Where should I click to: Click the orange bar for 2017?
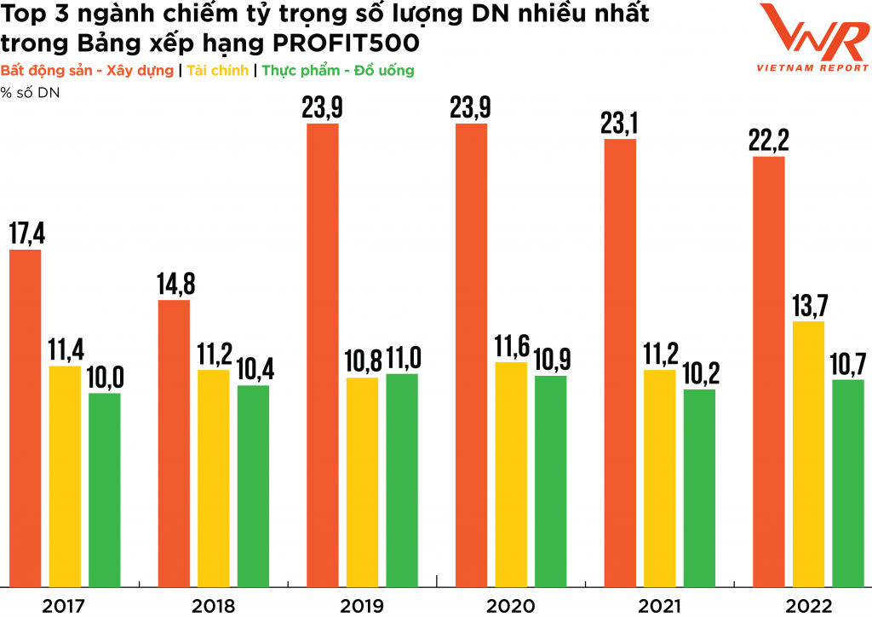tap(25, 418)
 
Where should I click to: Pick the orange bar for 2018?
tap(174, 443)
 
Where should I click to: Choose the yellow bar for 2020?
tap(510, 474)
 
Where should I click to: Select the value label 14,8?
tap(174, 284)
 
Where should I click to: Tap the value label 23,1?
tap(620, 123)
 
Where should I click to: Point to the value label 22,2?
tap(769, 141)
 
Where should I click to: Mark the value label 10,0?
tap(105, 377)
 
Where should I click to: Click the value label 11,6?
tap(510, 346)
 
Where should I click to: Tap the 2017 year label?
tap(64, 606)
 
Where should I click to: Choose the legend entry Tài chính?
tap(215, 71)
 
